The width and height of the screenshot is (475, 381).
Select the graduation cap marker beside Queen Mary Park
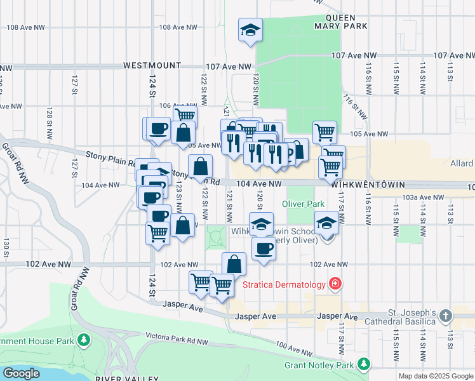(x=250, y=30)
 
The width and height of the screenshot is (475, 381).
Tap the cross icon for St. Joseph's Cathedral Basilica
(x=446, y=316)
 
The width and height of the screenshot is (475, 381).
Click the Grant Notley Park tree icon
(x=363, y=364)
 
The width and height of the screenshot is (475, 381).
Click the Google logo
(x=22, y=373)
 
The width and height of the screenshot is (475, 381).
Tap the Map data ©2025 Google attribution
(x=435, y=376)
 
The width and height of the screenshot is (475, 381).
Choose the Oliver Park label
(x=304, y=204)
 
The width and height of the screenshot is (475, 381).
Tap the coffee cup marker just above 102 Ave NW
(x=264, y=248)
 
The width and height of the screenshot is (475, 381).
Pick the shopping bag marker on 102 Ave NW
(x=234, y=264)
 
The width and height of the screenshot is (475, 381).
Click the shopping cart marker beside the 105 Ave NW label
(x=324, y=131)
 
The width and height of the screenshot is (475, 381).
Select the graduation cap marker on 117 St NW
(x=326, y=224)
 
